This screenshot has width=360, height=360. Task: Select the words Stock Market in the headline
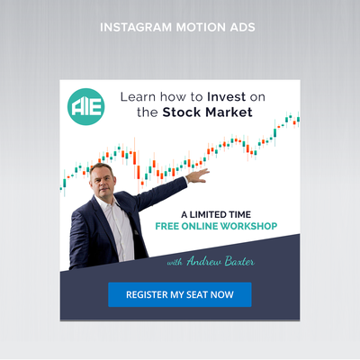coord(207,113)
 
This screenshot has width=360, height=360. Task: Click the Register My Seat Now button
coord(180,294)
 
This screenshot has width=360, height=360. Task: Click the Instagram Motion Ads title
coord(180,27)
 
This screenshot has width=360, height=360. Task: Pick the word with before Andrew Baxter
coord(175,262)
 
